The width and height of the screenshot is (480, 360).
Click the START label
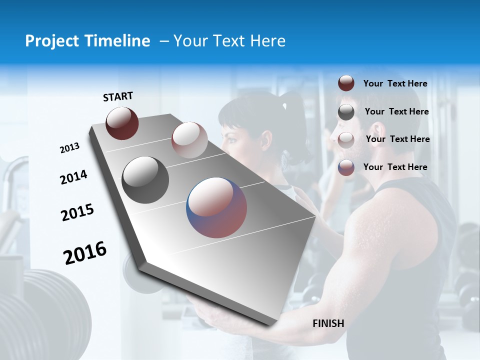pos(118,96)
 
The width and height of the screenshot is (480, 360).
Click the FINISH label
pos(328,323)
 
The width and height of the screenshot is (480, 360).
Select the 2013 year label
pos(69,148)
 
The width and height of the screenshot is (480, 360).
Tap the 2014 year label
pos(73,177)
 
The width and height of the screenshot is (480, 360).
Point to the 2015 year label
pos(77,212)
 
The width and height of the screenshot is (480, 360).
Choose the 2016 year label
pos(85,253)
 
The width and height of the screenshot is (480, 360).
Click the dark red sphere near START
pos(122,123)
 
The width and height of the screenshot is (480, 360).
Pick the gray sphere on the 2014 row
pos(145,180)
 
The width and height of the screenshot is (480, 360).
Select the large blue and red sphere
pos(216,207)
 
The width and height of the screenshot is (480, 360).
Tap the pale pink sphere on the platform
pos(189,140)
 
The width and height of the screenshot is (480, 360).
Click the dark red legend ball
pos(346,83)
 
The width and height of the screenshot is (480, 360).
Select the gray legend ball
pos(346,112)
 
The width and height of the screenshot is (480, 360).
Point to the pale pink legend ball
pos(346,139)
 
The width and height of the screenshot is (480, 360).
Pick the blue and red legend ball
pos(346,167)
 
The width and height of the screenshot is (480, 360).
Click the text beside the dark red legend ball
pos(395,83)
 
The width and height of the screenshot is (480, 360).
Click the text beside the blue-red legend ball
pos(395,167)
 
